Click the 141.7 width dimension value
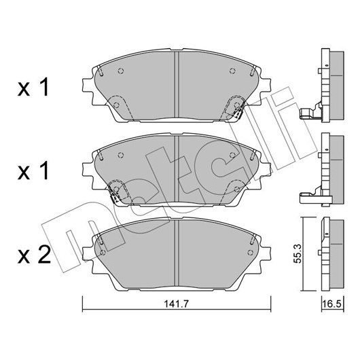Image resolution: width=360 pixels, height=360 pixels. click(176, 304)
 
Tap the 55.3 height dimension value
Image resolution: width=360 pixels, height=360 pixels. click(298, 254)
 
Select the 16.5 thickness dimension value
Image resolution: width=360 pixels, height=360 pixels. click(332, 304)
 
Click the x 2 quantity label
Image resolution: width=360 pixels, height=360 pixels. click(34, 254)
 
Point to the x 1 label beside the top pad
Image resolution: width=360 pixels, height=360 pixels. click(33, 87)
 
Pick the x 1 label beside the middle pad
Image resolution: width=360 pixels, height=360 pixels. click(33, 170)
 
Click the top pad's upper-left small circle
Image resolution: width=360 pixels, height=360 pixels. click(121, 71)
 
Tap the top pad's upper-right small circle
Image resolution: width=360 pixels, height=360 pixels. click(232, 71)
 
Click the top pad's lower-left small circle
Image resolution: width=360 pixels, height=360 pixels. click(116, 105)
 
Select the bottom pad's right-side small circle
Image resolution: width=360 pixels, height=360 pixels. click(251, 252)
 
